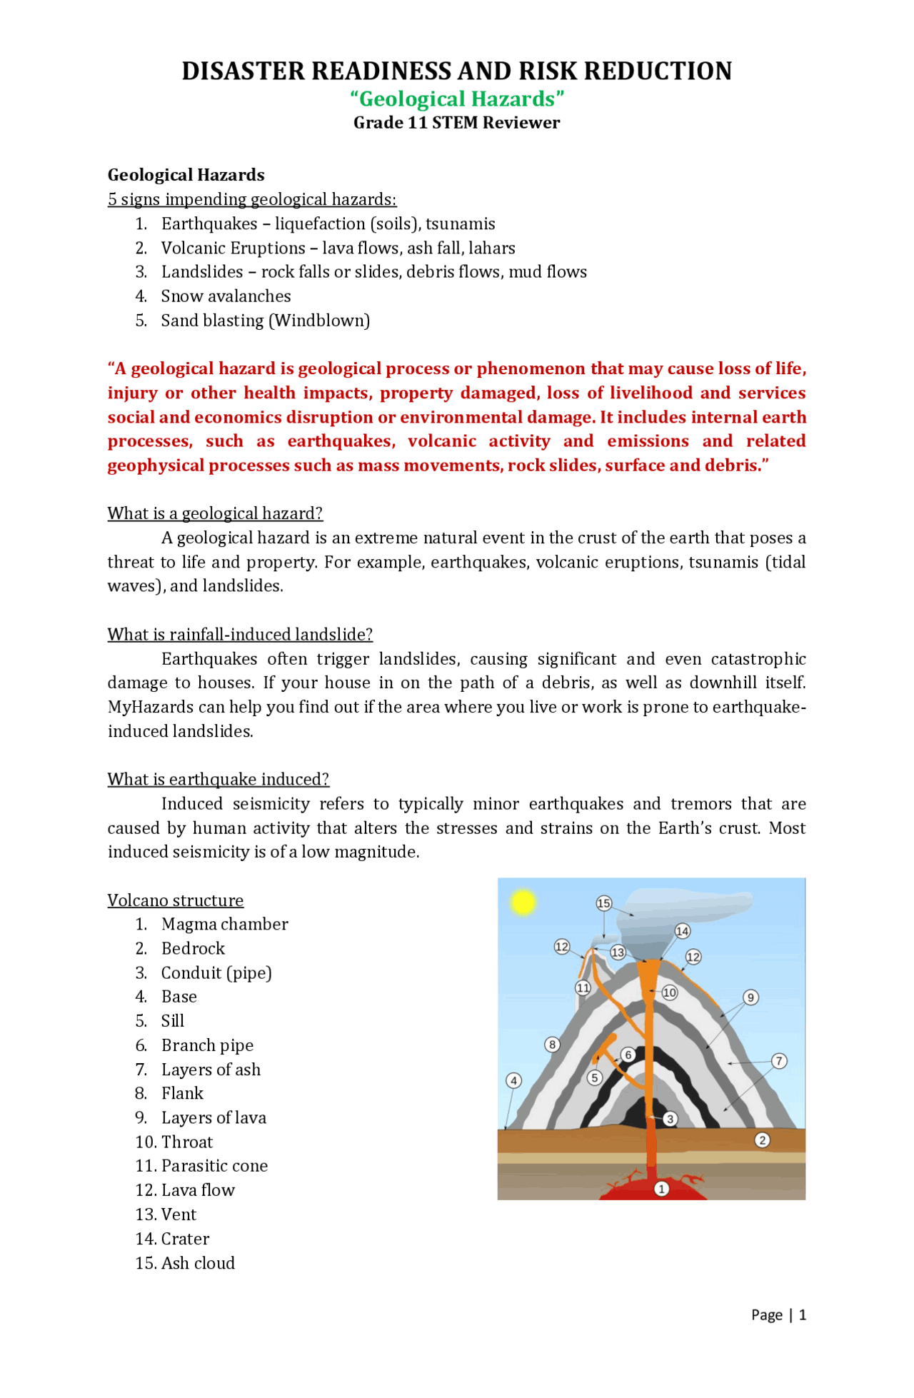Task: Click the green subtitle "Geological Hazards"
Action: click(457, 99)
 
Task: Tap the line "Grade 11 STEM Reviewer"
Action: click(457, 123)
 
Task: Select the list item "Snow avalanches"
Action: click(226, 296)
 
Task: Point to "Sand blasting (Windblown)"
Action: click(266, 321)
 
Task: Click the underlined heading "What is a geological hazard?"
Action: click(215, 513)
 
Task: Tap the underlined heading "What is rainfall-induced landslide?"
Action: click(240, 635)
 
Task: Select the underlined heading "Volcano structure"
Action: click(176, 900)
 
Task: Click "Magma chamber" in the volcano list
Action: click(224, 925)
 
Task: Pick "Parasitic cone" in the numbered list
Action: click(214, 1166)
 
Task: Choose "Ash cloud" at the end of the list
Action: click(198, 1263)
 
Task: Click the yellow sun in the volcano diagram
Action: click(523, 902)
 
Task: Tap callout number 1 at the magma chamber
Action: click(662, 1189)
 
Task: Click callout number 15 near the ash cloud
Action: click(604, 903)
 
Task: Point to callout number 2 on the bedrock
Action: click(763, 1140)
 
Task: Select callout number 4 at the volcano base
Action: click(514, 1080)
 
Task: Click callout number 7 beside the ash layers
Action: click(779, 1061)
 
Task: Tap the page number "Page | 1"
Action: click(778, 1315)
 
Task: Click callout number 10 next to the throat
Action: click(669, 992)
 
